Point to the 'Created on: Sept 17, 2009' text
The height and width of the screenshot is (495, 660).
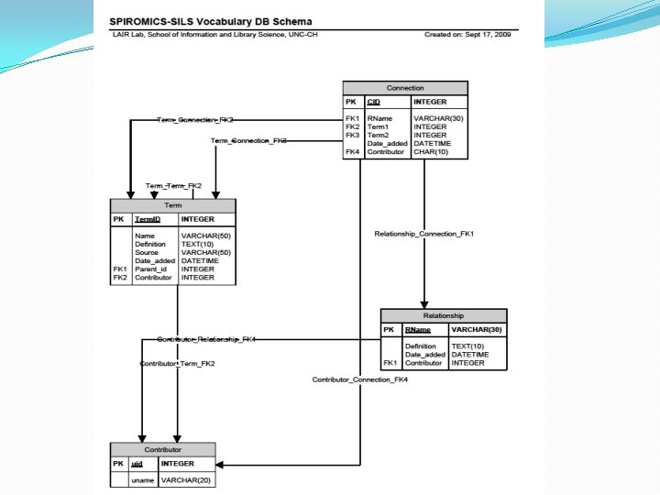[467, 34]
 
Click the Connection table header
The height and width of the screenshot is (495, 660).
[405, 88]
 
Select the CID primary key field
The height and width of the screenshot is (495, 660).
[373, 102]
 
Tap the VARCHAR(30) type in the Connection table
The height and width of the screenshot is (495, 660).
[438, 118]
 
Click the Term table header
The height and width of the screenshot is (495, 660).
[172, 206]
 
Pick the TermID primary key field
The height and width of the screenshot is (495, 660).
[147, 220]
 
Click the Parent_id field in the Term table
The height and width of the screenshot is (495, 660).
[151, 269]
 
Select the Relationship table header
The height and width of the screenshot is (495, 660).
[444, 315]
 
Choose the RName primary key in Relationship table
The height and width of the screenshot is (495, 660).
[418, 329]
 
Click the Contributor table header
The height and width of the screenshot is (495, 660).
[163, 450]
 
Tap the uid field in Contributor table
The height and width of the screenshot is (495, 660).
[137, 464]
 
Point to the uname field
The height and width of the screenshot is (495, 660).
[142, 480]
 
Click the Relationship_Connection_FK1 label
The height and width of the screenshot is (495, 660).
[424, 235]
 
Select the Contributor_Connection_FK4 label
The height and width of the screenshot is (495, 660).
[358, 379]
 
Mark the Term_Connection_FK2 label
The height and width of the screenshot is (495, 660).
[194, 120]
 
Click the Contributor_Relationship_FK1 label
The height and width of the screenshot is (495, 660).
[206, 339]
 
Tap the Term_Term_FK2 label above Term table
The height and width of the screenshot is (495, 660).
[173, 186]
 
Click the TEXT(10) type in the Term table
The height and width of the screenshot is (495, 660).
[198, 245]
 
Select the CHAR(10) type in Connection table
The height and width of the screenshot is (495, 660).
[430, 151]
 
